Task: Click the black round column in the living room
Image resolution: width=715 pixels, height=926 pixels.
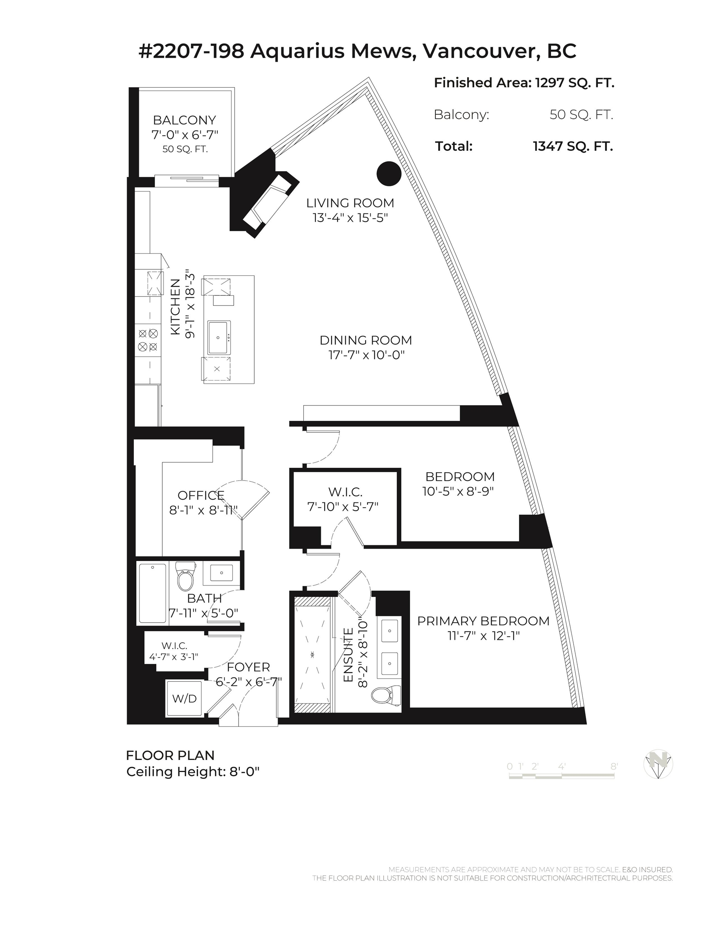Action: [x=389, y=173]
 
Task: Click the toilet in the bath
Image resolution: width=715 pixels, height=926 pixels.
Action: [x=185, y=576]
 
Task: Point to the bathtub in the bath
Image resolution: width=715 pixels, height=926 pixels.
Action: [x=153, y=593]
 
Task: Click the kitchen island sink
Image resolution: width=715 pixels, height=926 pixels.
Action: [x=219, y=338]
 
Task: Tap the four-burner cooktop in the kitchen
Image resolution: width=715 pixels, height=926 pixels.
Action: [x=148, y=340]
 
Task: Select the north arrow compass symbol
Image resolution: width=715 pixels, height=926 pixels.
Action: [x=658, y=764]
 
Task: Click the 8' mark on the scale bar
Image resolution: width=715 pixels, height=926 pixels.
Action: [x=614, y=766]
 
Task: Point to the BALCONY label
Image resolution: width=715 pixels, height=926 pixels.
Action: [x=184, y=120]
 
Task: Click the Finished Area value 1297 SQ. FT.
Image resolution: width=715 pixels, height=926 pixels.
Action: [x=575, y=83]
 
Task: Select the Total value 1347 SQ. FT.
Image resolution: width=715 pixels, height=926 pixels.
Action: [x=573, y=146]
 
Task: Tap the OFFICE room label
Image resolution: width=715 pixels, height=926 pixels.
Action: [x=201, y=495]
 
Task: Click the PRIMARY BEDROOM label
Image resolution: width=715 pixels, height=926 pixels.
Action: [x=483, y=621]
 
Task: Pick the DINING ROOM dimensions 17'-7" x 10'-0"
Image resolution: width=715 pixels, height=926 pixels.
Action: [x=367, y=355]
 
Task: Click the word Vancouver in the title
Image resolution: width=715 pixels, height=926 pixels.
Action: [x=482, y=51]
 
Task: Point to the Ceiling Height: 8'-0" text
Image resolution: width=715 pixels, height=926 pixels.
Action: [x=193, y=772]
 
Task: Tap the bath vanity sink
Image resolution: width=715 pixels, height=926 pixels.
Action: [x=222, y=573]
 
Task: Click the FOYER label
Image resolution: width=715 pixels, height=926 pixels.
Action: [x=248, y=667]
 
